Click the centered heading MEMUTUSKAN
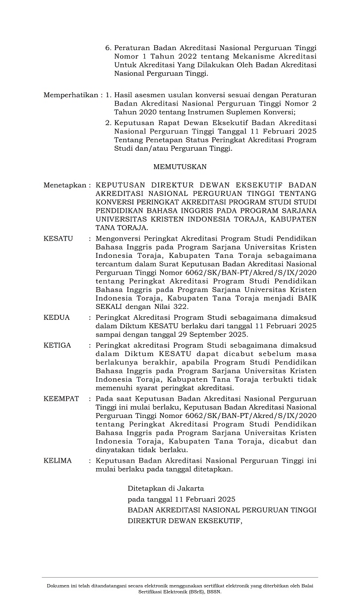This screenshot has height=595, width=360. [180, 167]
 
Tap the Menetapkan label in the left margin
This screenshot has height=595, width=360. [64, 185]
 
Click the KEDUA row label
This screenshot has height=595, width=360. [57, 317]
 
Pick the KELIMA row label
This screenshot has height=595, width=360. [58, 460]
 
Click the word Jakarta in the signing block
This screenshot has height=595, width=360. [187, 488]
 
